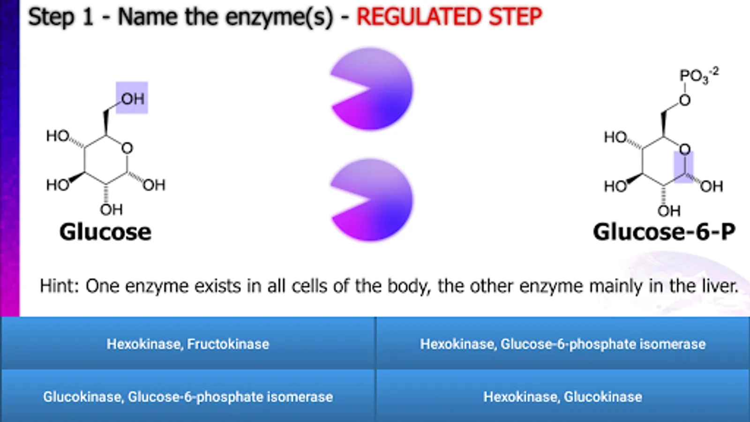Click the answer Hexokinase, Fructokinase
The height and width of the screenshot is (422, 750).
point(188,344)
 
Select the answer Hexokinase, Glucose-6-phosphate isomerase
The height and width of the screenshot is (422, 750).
point(563,344)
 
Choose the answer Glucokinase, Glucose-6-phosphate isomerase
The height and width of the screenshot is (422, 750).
point(188,397)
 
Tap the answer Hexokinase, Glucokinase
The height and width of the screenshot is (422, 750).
point(563,397)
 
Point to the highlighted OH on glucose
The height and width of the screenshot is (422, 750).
point(132,98)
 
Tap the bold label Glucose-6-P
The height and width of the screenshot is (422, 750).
point(664,232)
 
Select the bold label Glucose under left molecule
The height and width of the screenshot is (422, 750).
point(105,232)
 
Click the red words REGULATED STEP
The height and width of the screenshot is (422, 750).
point(449,17)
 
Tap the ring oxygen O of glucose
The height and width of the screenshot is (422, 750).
point(127,148)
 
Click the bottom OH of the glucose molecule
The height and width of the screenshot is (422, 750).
point(112,210)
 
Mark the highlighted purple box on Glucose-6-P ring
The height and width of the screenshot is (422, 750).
point(684,167)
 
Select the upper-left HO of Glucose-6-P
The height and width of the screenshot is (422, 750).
point(615,137)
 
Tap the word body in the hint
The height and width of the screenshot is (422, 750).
point(408,286)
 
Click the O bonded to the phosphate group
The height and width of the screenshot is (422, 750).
point(685,100)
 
